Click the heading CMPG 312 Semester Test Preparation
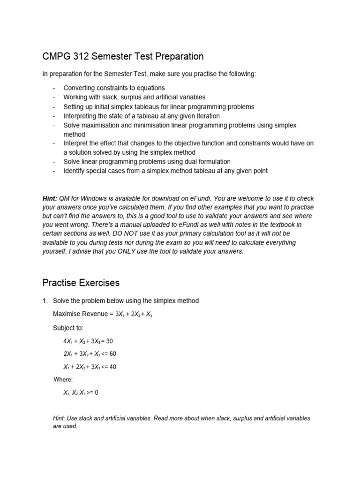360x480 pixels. coord(123,57)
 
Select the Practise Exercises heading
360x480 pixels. coord(81,283)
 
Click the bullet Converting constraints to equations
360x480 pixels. coord(114,88)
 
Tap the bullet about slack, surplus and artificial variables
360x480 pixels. coord(134,97)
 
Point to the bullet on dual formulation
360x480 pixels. coord(147,161)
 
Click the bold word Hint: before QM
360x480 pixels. coord(50,198)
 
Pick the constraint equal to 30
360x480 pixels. coord(88,341)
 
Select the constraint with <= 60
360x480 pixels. coord(90,353)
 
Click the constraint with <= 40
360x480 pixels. coord(90,367)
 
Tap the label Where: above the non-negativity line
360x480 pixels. coord(63,379)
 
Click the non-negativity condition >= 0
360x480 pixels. coord(81,392)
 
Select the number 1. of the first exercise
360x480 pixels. coord(45,300)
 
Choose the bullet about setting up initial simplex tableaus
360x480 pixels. coord(159,106)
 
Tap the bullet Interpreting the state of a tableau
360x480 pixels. coord(142,116)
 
